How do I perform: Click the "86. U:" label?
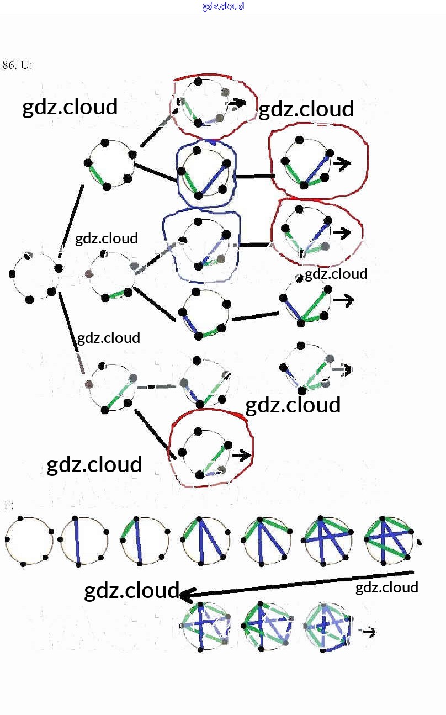18,65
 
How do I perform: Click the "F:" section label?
8,505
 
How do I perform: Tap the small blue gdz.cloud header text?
223,6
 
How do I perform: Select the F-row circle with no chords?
29,541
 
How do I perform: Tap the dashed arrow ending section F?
367,632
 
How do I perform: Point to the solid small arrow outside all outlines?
343,301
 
